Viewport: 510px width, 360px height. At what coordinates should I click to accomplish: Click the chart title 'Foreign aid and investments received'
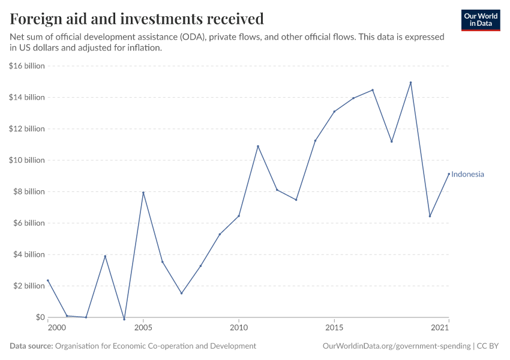coord(137,19)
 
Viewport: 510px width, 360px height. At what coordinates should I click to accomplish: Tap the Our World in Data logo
coord(480,20)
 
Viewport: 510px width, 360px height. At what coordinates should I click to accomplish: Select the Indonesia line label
coord(467,175)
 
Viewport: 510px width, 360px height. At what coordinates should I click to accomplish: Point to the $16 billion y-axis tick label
coord(27,66)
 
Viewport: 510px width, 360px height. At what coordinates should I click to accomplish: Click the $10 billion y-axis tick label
coord(27,160)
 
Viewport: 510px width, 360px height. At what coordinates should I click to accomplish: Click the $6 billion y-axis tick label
coord(29,223)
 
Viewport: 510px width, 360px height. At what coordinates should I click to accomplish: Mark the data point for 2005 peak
coord(143,193)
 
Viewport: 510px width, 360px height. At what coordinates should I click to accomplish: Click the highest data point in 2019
coord(410,83)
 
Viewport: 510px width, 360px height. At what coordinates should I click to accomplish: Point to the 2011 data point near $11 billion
coord(258,146)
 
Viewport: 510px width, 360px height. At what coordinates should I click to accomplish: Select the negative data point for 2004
coord(124,319)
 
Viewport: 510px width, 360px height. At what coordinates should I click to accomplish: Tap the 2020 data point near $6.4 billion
coord(430,217)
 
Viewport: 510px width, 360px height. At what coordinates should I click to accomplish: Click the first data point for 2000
coord(48,280)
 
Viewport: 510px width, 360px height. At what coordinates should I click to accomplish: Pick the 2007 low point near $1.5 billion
coord(181,293)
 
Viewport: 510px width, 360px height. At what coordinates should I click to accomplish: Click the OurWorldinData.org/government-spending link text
coord(396,346)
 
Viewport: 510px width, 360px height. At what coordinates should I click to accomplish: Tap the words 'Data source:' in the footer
coord(31,346)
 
